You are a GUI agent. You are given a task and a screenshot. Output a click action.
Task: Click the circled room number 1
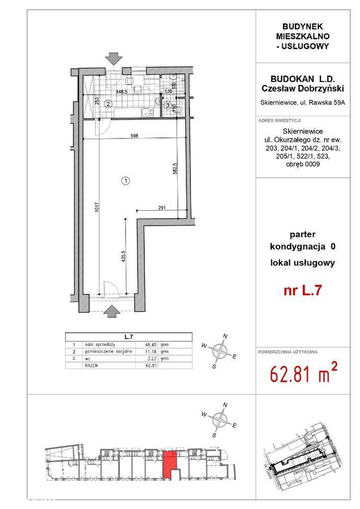coord(126,180)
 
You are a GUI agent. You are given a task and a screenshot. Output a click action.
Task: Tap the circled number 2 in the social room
coord(108,104)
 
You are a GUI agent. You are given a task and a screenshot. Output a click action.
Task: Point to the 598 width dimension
coord(134,135)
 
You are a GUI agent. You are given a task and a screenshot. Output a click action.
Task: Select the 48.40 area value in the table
coord(151,345)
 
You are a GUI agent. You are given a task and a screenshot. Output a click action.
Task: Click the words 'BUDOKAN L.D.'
coord(301,80)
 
